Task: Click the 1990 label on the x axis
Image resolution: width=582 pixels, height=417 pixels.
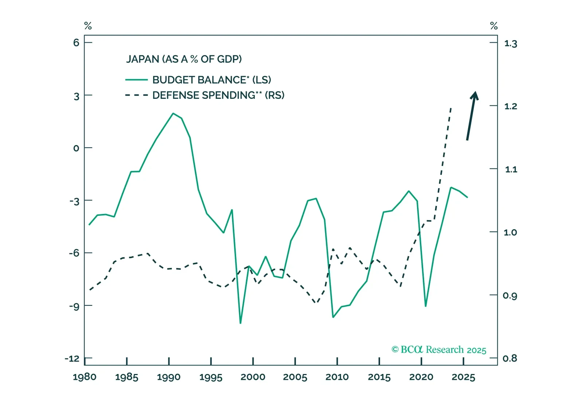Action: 169,377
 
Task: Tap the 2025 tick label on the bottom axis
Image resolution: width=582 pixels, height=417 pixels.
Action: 463,377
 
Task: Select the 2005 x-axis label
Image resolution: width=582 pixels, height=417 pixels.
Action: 295,377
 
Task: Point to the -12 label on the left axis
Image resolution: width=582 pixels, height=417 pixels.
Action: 72,359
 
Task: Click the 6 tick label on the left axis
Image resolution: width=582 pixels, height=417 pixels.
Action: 76,43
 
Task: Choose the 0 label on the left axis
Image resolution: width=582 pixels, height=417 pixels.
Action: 76,148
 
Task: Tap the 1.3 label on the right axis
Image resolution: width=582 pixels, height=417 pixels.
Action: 510,44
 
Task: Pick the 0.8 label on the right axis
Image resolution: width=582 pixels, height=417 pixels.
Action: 509,359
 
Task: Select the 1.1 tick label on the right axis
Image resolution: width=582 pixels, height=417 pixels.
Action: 511,169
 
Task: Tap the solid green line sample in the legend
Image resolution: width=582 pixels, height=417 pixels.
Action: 136,80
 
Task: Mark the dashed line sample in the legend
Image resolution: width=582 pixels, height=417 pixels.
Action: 136,95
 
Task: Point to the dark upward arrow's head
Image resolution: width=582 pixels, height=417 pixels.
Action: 474,95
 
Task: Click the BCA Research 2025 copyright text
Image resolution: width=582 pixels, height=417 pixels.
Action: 439,350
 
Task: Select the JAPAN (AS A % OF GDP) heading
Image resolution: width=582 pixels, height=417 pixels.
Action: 184,59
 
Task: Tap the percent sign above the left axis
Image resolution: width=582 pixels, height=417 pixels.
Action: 88,26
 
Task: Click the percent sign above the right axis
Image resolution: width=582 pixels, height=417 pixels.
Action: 494,26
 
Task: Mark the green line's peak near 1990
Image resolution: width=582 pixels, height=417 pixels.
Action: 173,113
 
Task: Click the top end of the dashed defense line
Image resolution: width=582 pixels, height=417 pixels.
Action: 451,108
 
